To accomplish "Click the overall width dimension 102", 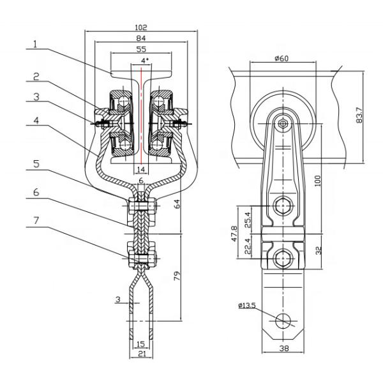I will point(142,28).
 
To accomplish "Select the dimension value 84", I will point(142,39).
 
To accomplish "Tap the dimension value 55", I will point(142,49).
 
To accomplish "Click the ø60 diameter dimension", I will point(282,59).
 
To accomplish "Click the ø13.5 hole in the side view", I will point(282,320).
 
